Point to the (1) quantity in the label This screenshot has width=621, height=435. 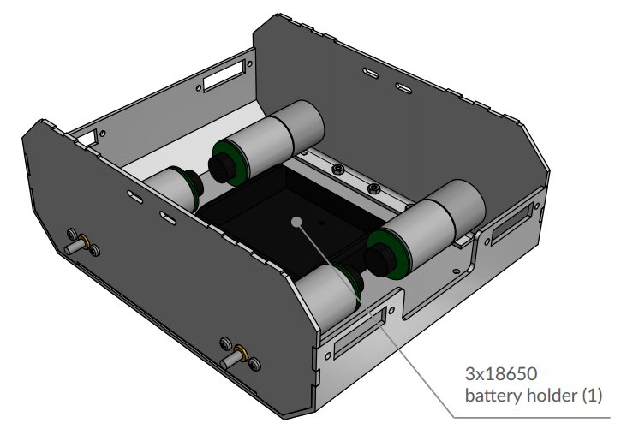pos(593,396)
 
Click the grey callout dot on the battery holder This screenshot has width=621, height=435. pos(296,221)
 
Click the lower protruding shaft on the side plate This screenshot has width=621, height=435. pos(230,360)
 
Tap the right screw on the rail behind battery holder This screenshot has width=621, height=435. pos(373,188)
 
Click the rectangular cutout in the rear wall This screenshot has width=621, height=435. pos(224,77)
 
